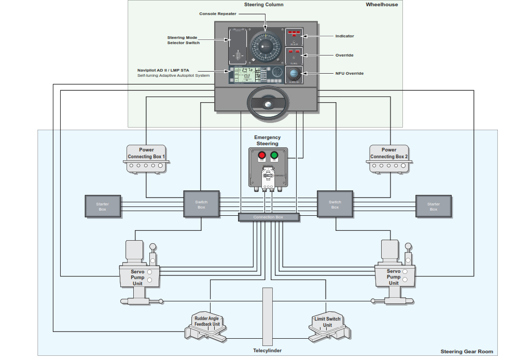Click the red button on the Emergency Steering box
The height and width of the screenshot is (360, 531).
click(262, 155)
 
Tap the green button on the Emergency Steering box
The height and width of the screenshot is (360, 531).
click(274, 155)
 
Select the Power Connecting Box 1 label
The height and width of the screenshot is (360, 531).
click(146, 153)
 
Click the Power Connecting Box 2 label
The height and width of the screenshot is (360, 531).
click(389, 153)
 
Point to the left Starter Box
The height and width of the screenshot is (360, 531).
click(103, 206)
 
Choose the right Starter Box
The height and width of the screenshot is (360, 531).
click(434, 206)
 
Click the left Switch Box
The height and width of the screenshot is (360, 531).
click(201, 205)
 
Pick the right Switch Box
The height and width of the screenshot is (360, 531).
click(335, 205)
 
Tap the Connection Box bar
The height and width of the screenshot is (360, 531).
click(269, 217)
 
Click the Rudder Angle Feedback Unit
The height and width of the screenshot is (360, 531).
click(207, 322)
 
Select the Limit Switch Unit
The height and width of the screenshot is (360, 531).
click(328, 322)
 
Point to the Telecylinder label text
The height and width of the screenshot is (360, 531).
click(267, 351)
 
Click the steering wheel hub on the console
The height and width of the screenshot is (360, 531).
click(268, 105)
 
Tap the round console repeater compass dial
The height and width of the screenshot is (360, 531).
click(265, 48)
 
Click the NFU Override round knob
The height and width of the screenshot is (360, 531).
click(294, 73)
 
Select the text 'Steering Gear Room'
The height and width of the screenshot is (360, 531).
click(467, 351)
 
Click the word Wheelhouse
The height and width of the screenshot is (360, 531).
click(382, 5)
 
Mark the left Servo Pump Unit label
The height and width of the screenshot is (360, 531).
click(137, 278)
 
